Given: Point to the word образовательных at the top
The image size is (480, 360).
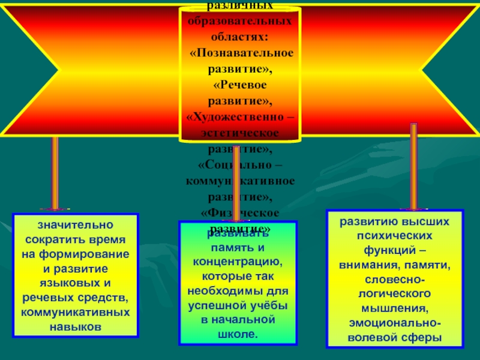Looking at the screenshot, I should [x=239, y=22].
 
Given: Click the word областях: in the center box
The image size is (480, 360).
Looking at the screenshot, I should [x=239, y=37].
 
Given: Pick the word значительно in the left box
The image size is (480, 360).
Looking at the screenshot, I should [x=76, y=226].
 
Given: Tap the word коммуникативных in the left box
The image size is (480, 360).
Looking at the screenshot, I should [x=76, y=312].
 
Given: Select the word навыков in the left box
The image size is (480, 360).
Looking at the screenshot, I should [x=76, y=326].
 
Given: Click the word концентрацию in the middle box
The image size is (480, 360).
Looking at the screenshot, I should [x=238, y=262].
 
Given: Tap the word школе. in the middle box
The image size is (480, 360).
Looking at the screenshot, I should [x=239, y=334].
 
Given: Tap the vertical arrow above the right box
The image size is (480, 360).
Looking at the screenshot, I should [x=413, y=166].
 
